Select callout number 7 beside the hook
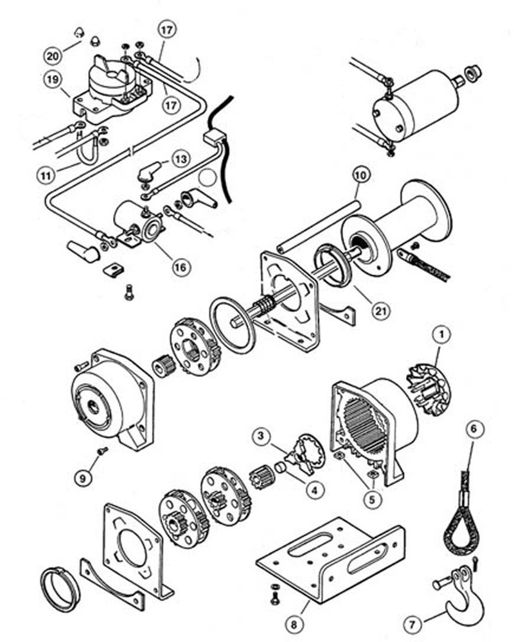410,623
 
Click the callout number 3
260,438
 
